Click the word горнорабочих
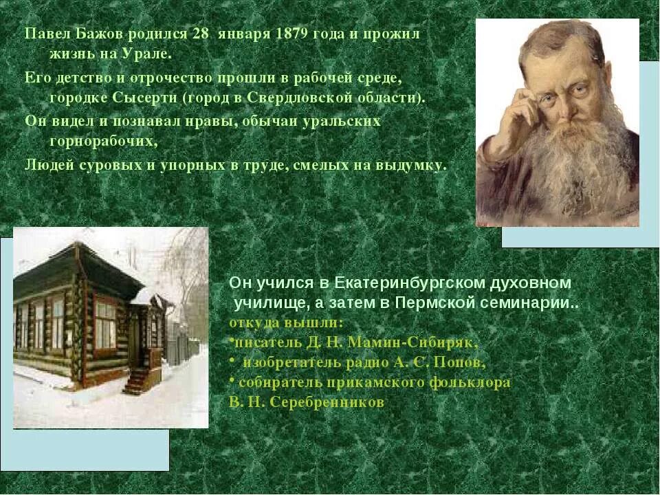tap(103, 142)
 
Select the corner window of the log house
tap(104, 324)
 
